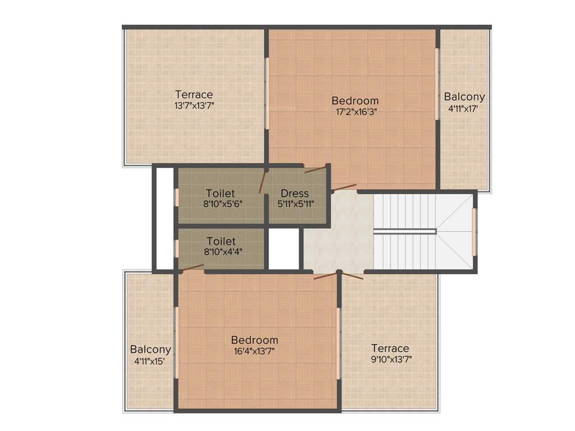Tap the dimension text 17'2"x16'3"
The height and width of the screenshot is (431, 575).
coord(355,112)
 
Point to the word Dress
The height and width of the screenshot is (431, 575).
coord(295,194)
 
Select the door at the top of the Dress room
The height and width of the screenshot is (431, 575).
coord(315,169)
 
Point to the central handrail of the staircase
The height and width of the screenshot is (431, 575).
coord(405,231)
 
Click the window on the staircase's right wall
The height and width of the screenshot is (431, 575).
coord(474,231)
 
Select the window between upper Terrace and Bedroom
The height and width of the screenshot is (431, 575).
coord(267,93)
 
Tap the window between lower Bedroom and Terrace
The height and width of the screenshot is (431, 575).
coord(338,342)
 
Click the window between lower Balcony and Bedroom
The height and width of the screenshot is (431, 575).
coord(176,342)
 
